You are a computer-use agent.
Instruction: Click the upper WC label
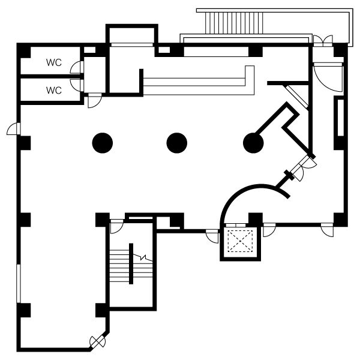[54, 62]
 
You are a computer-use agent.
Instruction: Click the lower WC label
[54, 91]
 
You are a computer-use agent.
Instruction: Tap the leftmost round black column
[103, 143]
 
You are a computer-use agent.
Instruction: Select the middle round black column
[177, 143]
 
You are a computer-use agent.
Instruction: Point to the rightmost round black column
[253, 143]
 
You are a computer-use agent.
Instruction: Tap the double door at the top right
[323, 41]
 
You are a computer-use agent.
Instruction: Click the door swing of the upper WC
[77, 67]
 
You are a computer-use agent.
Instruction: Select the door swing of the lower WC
[77, 85]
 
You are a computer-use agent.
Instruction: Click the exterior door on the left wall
[14, 129]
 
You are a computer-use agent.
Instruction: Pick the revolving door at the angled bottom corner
[97, 342]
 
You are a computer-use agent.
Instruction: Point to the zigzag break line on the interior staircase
[143, 257]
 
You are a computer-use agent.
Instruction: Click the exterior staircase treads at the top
[234, 23]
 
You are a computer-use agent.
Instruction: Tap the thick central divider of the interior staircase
[131, 263]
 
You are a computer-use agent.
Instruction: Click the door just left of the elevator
[212, 236]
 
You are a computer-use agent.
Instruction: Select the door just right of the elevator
[269, 230]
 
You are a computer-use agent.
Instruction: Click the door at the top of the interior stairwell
[117, 226]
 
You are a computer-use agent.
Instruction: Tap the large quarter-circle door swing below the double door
[328, 77]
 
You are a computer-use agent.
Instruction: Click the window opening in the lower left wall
[19, 284]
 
